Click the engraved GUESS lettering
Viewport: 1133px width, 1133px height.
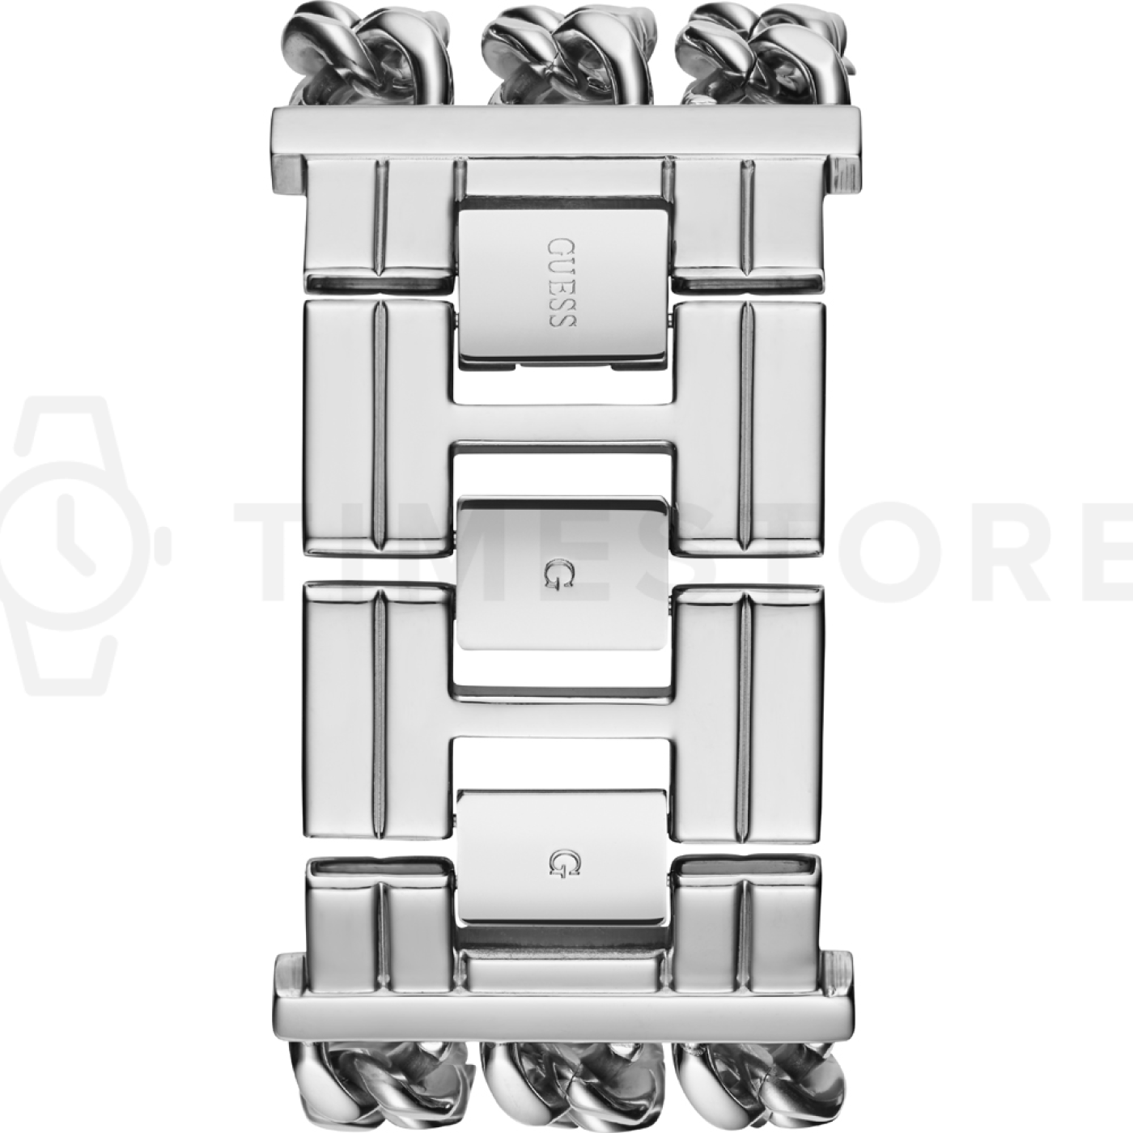[562, 282]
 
